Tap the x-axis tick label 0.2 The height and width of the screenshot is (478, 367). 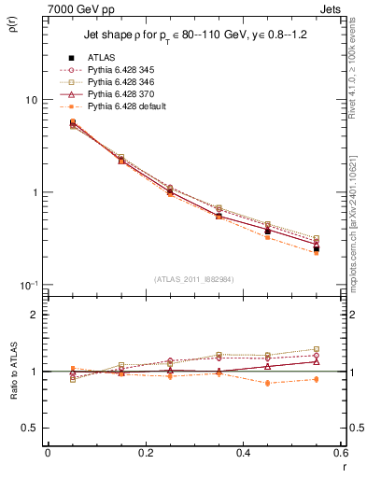point(145,453)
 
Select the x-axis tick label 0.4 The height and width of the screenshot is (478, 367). point(243,453)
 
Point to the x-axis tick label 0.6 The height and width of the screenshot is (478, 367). point(340,453)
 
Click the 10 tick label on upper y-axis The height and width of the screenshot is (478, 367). point(31,100)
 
